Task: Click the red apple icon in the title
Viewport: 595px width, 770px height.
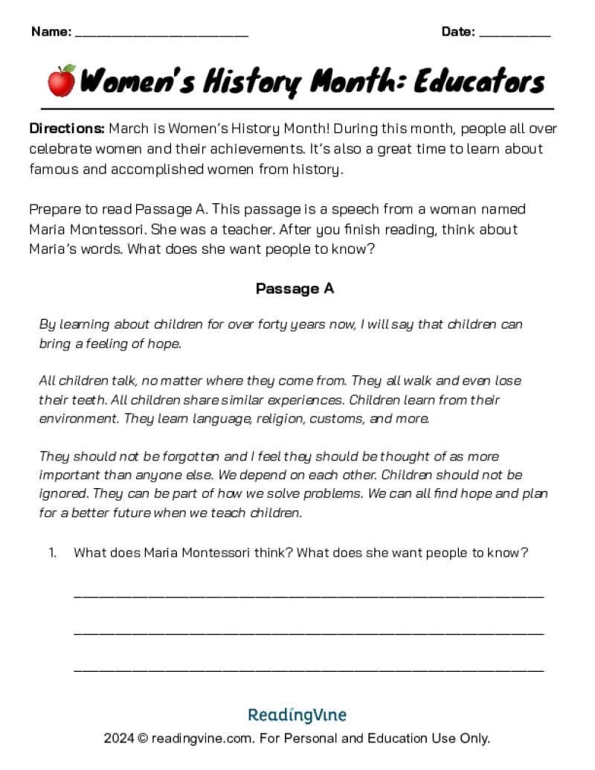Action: coord(62,80)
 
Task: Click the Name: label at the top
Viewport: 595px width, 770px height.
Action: coord(51,31)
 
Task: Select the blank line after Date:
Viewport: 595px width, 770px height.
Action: coord(515,33)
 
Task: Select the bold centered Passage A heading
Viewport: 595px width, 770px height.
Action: coord(295,289)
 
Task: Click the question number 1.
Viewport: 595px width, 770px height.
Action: coord(52,552)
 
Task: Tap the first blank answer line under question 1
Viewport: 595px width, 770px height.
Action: coord(309,595)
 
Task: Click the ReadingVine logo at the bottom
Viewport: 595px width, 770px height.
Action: coord(297,715)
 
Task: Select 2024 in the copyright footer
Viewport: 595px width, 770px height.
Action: coord(119,739)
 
